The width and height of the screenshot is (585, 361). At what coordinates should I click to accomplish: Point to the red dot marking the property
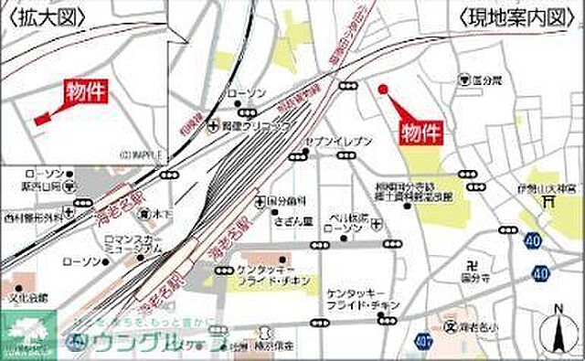[x=383, y=90]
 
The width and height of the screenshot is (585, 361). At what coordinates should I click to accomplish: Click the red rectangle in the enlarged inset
[x=39, y=120]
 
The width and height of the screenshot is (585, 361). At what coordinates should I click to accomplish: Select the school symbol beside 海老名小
[x=449, y=324]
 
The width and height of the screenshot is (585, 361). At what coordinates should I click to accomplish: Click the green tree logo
[x=27, y=334]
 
